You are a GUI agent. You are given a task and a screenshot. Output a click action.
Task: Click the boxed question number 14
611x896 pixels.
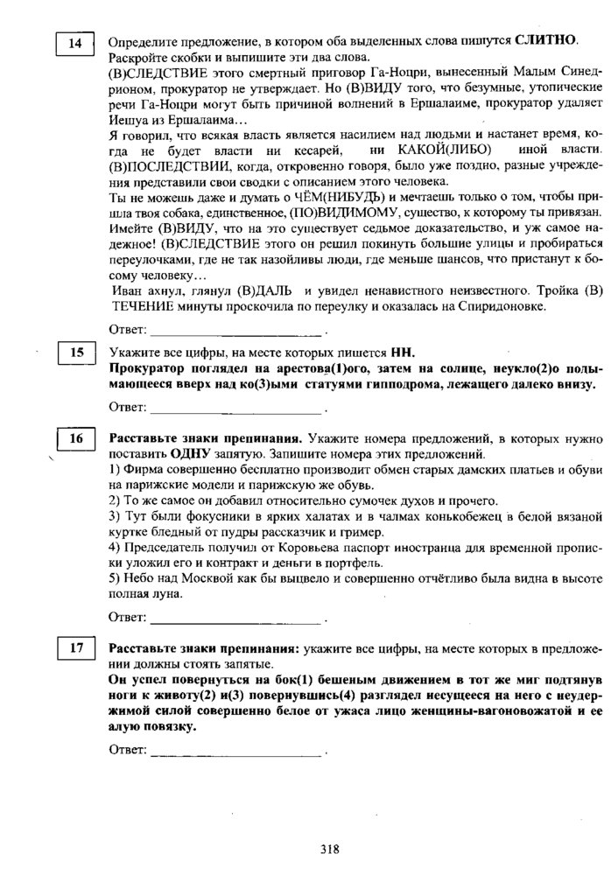pyautogui.click(x=74, y=44)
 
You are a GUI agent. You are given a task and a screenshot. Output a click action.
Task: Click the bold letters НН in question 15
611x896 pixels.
pyautogui.click(x=402, y=353)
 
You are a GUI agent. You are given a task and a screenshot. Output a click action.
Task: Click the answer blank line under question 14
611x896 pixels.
pyautogui.click(x=236, y=333)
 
